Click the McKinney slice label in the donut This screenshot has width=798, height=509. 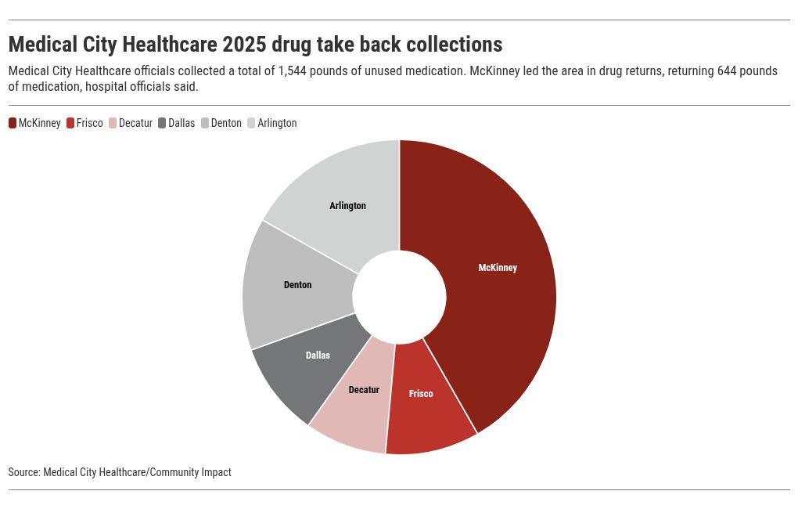click(498, 268)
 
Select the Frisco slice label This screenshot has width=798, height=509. click(421, 393)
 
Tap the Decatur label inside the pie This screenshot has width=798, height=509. click(364, 389)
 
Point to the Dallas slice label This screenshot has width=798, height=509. click(318, 355)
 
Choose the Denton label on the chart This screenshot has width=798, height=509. click(297, 285)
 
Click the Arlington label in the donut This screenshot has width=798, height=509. click(347, 206)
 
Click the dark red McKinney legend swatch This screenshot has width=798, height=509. click(13, 123)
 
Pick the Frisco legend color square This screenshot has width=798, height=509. click(70, 123)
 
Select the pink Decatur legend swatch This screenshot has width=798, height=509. click(113, 123)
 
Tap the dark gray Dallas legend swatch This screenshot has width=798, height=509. click(162, 123)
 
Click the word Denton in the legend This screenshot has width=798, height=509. click(226, 123)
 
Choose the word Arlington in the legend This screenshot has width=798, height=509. click(277, 123)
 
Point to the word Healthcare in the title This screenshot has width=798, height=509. click(165, 43)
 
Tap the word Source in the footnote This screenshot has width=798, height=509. click(23, 472)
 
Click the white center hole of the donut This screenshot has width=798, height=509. click(399, 297)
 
